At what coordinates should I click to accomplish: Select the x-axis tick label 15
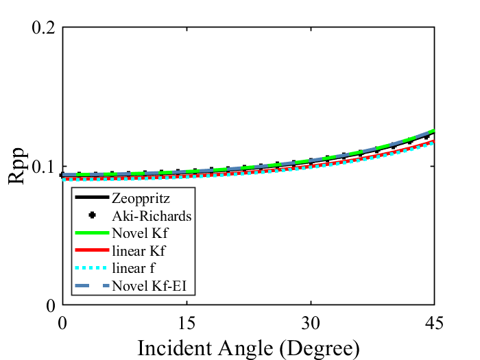(x=187, y=322)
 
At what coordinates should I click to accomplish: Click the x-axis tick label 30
(x=311, y=322)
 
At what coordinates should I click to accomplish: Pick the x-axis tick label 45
(x=434, y=322)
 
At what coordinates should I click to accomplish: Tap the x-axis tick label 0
(x=63, y=322)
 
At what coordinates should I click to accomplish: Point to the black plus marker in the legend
(x=91, y=216)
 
